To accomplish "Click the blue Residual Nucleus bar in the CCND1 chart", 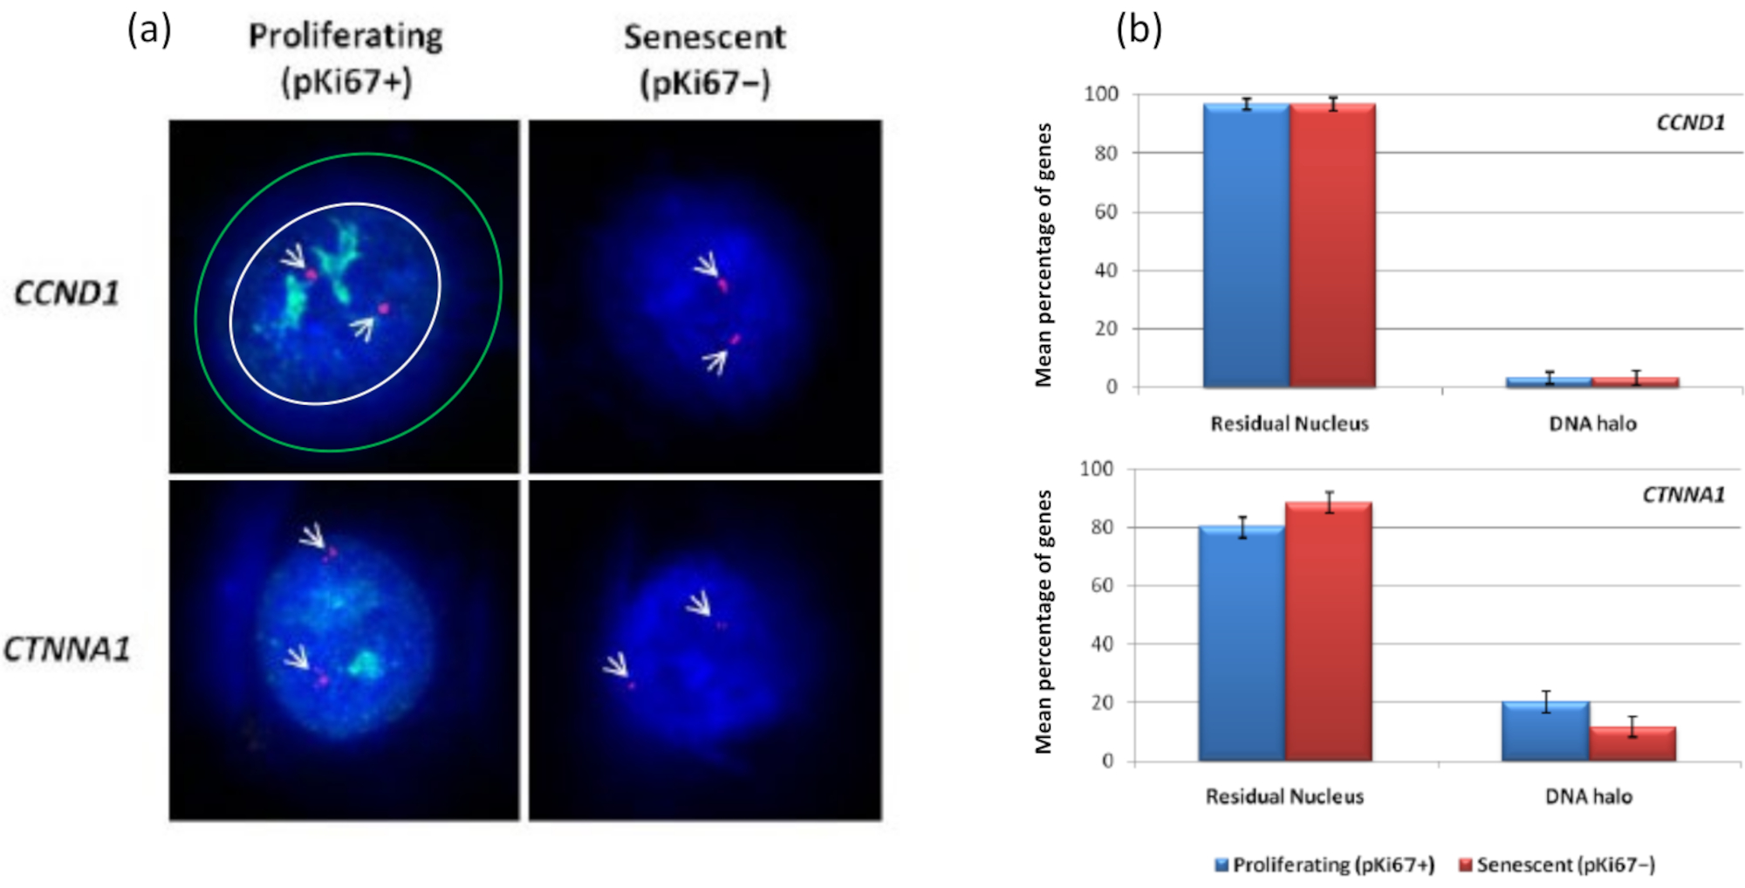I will coord(1246,244).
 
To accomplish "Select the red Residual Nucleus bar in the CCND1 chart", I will coord(1332,244).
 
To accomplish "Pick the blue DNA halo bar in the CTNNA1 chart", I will coord(1545,732).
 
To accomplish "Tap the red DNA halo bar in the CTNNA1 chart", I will coord(1632,744).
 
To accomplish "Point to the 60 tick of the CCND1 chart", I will coord(1105,212).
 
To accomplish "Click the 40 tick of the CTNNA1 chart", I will coord(1102,644).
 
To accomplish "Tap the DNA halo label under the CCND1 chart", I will coord(1592,423).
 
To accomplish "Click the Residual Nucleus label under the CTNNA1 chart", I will coord(1284,796).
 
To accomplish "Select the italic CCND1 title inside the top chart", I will coord(1690,123).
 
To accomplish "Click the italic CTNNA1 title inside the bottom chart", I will coord(1683,495).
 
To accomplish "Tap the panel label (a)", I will coord(149,31).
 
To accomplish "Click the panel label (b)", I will coord(1139,31).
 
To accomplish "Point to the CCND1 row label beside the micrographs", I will coord(66,293).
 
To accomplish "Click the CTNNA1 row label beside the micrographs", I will coord(66,650).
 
